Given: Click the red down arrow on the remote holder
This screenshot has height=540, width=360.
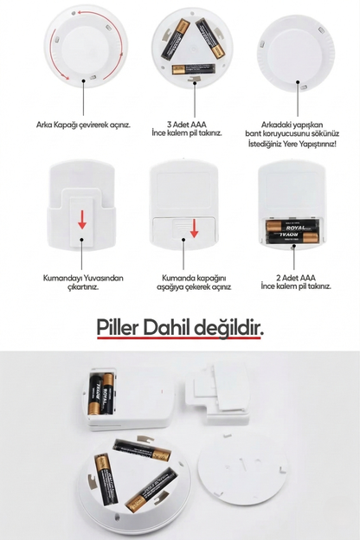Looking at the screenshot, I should [82, 222].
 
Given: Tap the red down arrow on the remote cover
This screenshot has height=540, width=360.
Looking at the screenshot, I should [195, 228].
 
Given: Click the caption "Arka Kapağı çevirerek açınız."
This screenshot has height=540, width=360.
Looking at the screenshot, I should [83, 124].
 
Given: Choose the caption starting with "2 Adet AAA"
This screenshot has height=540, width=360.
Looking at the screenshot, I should [296, 283].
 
